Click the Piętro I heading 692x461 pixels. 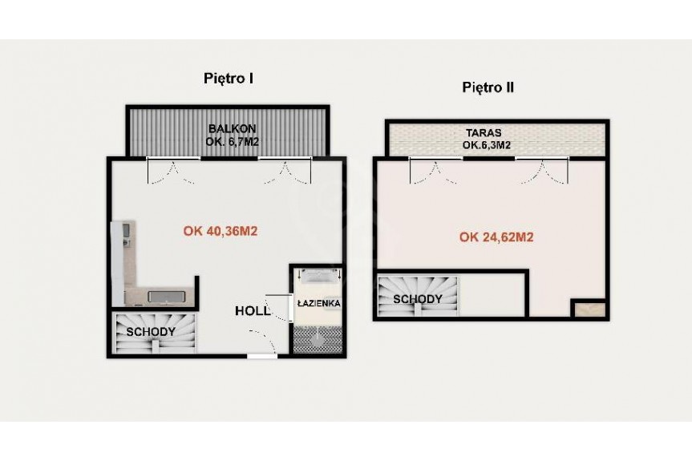(229, 79)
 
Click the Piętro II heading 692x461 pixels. (488, 87)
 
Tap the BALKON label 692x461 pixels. (233, 129)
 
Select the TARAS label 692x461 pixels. (484, 133)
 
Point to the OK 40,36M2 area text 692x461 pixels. (221, 231)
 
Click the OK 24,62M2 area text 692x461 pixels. (496, 237)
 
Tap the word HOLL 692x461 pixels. (253, 311)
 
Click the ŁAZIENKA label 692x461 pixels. (318, 304)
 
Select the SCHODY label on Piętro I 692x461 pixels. (151, 332)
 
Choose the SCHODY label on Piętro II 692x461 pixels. (418, 299)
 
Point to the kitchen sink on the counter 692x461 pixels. (166, 297)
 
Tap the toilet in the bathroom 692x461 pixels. (318, 339)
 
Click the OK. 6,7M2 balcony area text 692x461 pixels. (233, 142)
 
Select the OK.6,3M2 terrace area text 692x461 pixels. (487, 145)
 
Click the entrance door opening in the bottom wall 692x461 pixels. (262, 355)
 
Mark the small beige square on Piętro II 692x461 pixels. (589, 309)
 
